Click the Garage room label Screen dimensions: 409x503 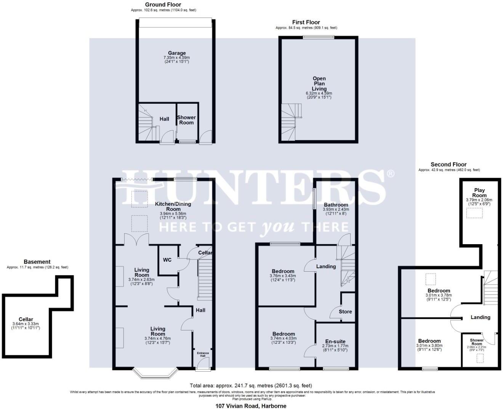click(177, 53)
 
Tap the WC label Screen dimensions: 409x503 click(167, 260)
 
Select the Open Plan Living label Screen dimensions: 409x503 click(319, 84)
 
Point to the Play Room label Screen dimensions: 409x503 click(479, 193)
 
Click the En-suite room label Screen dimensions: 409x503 click(335, 341)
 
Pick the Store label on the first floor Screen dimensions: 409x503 click(345, 311)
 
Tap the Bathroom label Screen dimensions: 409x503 click(336, 204)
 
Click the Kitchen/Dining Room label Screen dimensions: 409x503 click(173, 206)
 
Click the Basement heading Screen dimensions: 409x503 click(37, 262)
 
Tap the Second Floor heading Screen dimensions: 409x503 click(449, 164)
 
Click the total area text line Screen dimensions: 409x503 click(251, 386)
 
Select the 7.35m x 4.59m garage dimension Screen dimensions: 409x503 click(177, 58)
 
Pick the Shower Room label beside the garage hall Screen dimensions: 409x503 click(186, 120)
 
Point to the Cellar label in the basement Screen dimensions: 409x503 click(26, 319)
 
